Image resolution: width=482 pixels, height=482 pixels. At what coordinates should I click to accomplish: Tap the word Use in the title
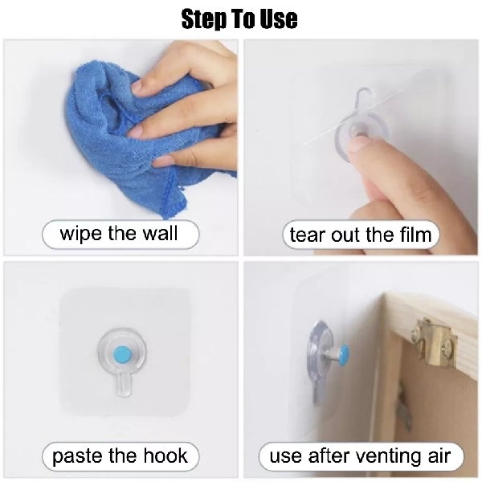coord(277,19)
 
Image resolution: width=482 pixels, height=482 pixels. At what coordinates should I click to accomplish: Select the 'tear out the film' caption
coord(361,235)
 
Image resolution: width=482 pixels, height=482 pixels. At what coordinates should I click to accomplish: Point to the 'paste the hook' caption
coord(120,457)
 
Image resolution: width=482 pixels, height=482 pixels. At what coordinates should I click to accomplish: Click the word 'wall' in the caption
coord(158,235)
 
